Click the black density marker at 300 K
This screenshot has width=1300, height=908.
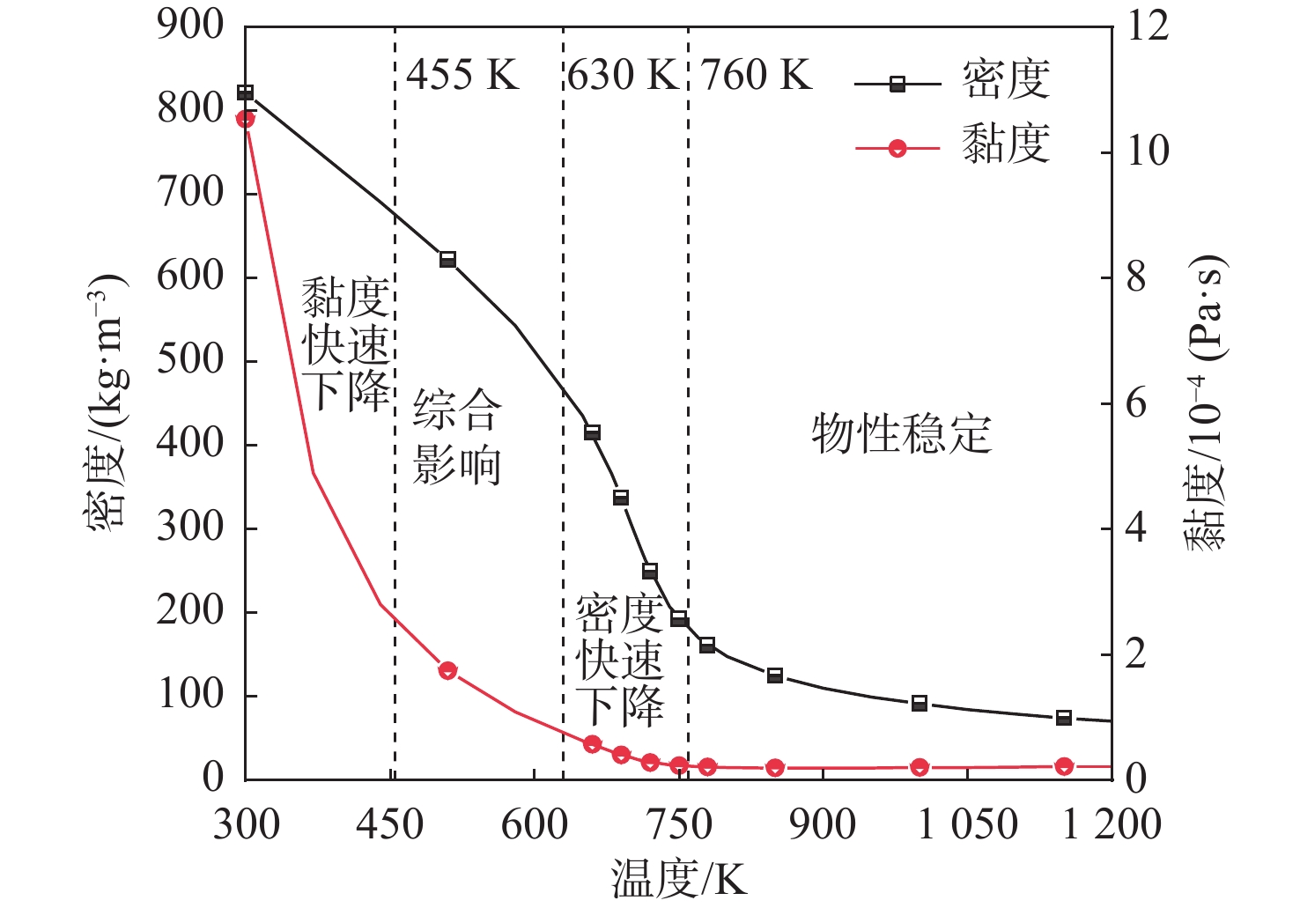(x=246, y=92)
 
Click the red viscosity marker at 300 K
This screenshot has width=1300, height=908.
(x=246, y=119)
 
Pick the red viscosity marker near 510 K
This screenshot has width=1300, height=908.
(x=447, y=670)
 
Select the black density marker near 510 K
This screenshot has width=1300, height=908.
(x=447, y=259)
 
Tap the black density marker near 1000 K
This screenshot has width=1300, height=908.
(x=920, y=703)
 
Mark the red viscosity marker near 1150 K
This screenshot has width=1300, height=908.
(x=1064, y=766)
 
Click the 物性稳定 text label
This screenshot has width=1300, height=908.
(x=901, y=434)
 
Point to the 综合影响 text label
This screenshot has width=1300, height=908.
(x=457, y=437)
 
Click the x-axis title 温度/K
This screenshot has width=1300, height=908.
(x=678, y=879)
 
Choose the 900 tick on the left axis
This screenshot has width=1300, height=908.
(x=191, y=26)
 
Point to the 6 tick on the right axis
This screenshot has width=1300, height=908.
(x=1136, y=403)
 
